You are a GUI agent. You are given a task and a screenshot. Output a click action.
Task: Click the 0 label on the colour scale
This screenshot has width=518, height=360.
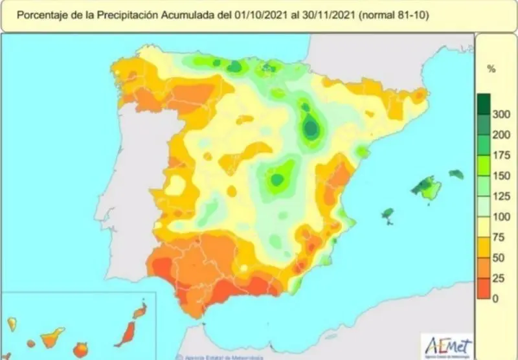[x=495, y=298]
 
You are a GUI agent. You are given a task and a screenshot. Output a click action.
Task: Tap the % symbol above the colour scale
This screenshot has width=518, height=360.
[x=491, y=69]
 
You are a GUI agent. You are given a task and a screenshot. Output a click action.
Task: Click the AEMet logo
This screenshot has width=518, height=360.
[x=446, y=344]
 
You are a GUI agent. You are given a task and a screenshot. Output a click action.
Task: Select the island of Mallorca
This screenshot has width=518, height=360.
[x=428, y=188]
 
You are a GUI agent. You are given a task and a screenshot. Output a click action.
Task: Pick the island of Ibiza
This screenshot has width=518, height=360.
[x=388, y=214]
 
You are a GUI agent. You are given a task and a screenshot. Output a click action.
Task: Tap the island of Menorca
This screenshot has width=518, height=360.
[x=456, y=174]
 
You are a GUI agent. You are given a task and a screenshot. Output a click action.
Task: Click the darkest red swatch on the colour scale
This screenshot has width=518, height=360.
[x=482, y=288]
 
